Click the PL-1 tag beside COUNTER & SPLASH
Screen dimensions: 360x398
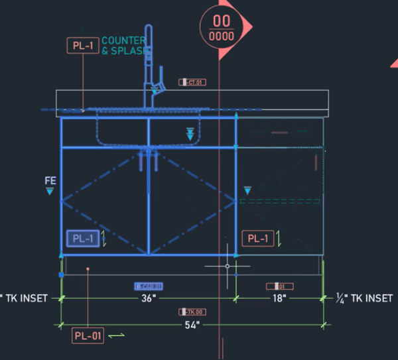point(82,46)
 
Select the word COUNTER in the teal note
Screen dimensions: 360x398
point(123,41)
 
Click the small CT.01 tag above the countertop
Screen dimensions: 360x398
point(192,82)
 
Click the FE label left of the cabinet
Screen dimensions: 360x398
point(50,180)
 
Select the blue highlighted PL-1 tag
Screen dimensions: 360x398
point(83,239)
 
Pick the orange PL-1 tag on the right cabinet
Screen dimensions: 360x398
point(257,239)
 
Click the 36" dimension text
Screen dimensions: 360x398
point(149,299)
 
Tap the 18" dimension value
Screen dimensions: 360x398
point(279,299)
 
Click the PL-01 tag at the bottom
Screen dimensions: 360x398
point(88,336)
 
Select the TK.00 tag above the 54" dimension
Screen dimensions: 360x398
point(192,312)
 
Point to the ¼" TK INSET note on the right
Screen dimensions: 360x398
point(365,298)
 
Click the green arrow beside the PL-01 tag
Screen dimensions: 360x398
point(117,336)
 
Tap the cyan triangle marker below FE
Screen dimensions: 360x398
point(50,192)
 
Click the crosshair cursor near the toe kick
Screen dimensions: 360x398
point(228,266)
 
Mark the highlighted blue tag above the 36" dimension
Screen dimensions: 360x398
point(149,286)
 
